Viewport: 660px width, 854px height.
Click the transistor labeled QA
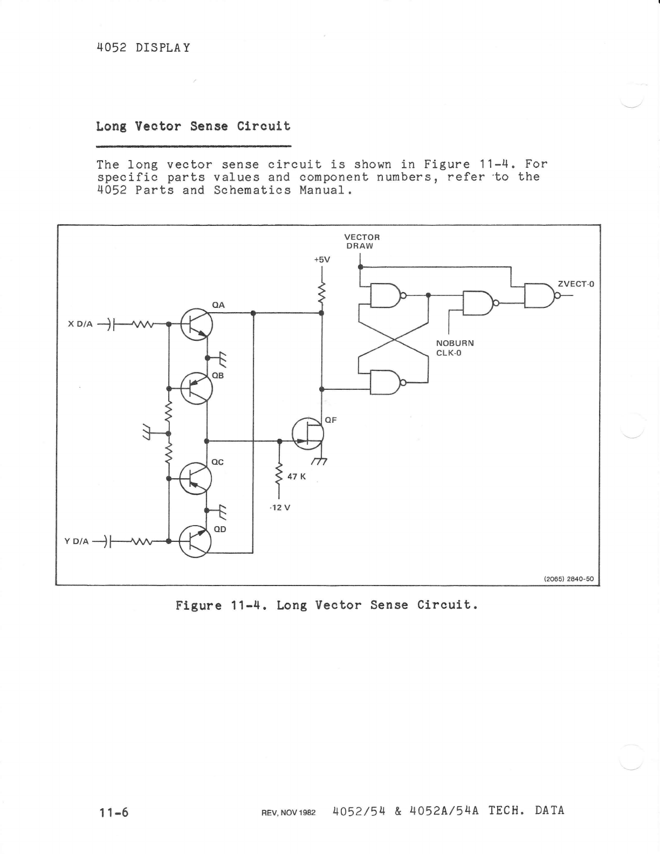click(x=196, y=325)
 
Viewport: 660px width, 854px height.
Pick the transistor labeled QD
click(x=195, y=541)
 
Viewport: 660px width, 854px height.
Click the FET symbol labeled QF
click(x=308, y=433)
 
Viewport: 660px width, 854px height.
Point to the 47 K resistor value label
click(x=297, y=477)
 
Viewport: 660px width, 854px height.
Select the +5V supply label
click(x=322, y=259)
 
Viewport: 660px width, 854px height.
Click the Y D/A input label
click(x=77, y=541)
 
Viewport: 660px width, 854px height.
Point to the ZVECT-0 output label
click(x=576, y=284)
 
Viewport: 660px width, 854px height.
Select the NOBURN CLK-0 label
click(x=455, y=348)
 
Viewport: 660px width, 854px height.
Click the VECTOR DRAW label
click(x=361, y=242)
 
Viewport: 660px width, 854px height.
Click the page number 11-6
click(x=113, y=812)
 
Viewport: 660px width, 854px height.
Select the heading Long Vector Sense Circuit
click(x=193, y=126)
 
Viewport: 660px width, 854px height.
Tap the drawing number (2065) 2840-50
click(x=568, y=579)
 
